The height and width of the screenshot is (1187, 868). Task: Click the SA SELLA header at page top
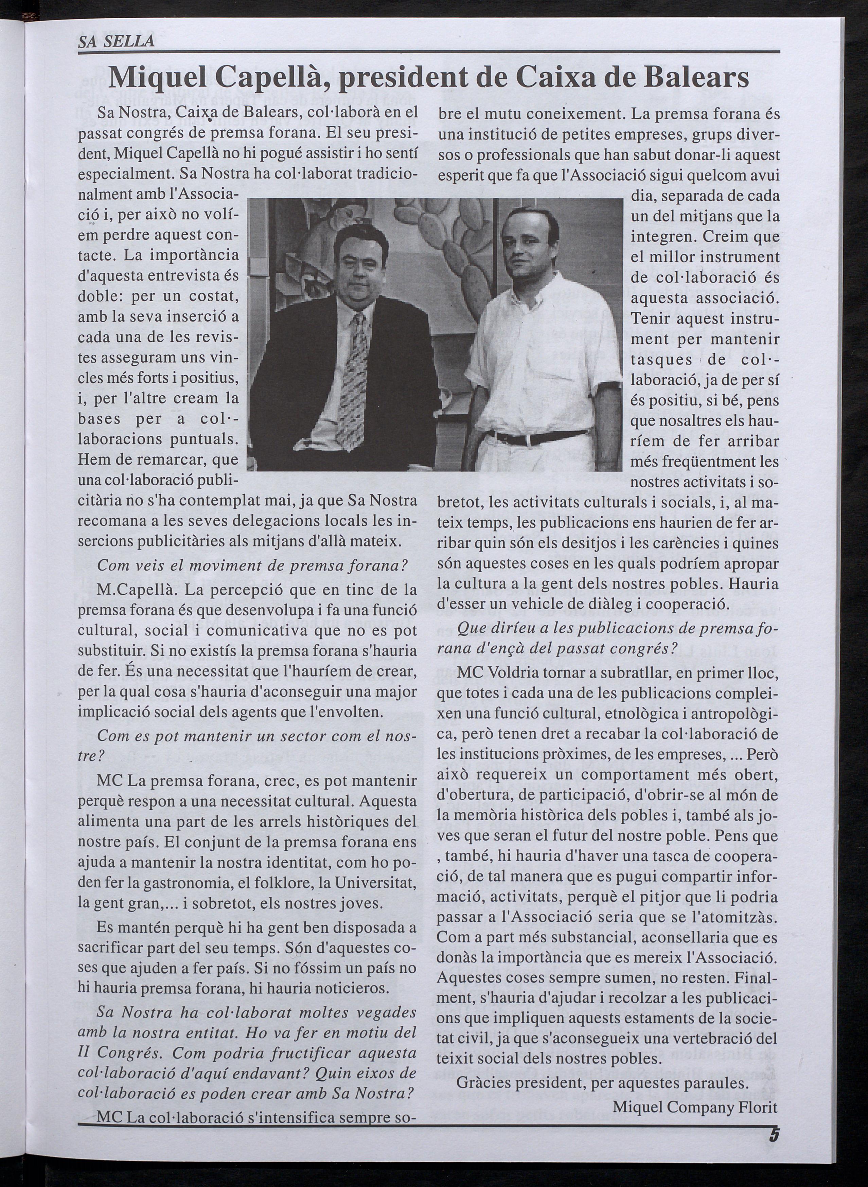pyautogui.click(x=116, y=40)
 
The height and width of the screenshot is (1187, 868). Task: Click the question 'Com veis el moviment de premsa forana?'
pyautogui.click(x=253, y=566)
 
